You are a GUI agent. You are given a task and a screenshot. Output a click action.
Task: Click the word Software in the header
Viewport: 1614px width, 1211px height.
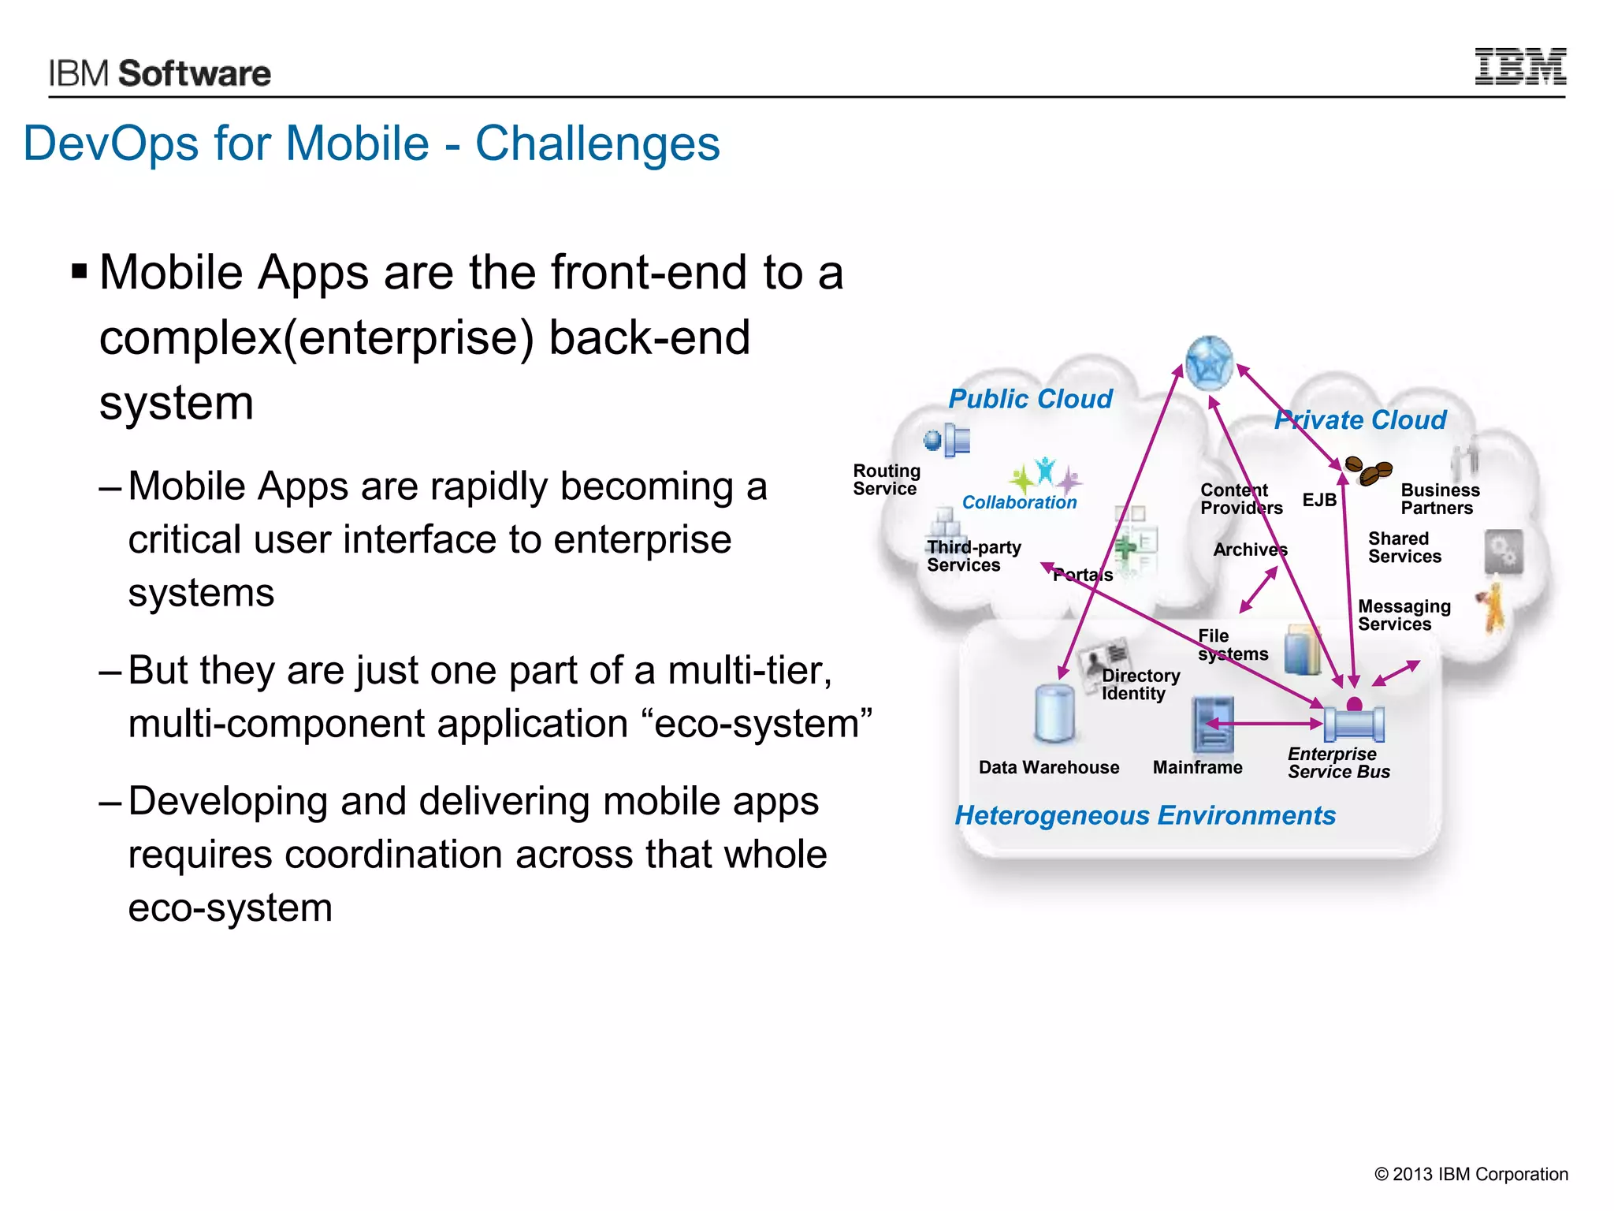[x=194, y=73]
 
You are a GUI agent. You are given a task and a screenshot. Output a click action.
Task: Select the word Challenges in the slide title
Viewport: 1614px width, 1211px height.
[x=597, y=143]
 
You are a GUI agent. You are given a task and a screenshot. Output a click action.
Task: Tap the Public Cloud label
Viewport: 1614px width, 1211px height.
[x=1030, y=399]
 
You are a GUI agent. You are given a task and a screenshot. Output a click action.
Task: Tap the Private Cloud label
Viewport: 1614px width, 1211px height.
[x=1360, y=419]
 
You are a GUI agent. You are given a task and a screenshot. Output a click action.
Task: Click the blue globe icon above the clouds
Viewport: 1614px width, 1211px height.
[x=1209, y=363]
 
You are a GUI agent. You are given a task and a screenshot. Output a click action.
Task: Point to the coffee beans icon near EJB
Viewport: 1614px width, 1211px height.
[x=1368, y=471]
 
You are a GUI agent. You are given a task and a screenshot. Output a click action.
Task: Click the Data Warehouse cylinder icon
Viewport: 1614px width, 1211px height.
[x=1054, y=714]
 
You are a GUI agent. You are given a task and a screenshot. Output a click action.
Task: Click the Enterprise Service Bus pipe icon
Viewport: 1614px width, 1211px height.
[x=1354, y=723]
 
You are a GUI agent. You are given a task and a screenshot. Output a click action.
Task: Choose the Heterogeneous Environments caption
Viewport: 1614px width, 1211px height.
[x=1145, y=815]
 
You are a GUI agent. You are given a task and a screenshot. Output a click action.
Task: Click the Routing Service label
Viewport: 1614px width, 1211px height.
[x=886, y=479]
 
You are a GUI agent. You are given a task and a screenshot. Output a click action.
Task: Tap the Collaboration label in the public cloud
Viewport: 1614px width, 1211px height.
[x=1019, y=502]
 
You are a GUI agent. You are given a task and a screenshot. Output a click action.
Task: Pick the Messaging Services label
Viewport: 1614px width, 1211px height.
[x=1404, y=615]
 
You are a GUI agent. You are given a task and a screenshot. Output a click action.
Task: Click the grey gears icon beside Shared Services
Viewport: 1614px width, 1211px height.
[x=1503, y=551]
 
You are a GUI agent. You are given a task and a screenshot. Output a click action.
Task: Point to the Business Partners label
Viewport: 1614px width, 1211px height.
[x=1440, y=499]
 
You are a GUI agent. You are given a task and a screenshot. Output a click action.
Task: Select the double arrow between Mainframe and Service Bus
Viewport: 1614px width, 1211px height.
[x=1264, y=723]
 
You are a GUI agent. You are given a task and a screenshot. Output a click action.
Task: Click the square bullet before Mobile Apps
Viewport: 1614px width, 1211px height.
[x=79, y=273]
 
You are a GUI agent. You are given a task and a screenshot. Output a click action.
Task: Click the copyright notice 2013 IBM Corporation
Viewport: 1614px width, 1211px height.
[x=1471, y=1174]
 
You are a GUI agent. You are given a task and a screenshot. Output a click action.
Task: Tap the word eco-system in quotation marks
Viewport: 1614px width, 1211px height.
[x=762, y=724]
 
